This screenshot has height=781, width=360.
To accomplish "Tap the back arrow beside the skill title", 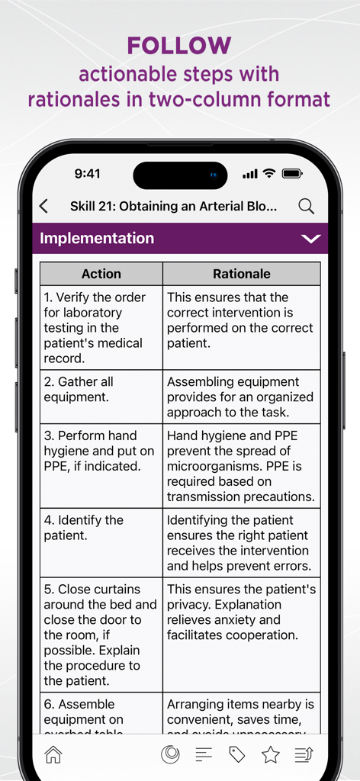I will point(43,206).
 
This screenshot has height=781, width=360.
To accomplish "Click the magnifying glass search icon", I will point(306,206).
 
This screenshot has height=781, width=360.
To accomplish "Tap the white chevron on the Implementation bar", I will point(310,239).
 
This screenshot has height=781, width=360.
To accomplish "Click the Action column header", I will point(101,274).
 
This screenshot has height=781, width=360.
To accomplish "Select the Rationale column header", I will point(241,274).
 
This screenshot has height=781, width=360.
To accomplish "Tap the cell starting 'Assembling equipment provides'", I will point(241,397).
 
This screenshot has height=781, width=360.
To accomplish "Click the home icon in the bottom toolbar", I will point(53,754).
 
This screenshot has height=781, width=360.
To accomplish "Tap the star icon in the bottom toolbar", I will point(271,754).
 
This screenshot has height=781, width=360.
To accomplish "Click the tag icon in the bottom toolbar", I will point(237,754).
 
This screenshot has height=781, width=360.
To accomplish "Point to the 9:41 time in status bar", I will point(87,174).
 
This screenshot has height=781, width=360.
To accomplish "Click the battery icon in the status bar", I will point(293,174).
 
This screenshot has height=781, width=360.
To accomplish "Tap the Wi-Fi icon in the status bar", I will point(269,174).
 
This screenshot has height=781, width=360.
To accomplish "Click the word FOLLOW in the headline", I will point(179,46).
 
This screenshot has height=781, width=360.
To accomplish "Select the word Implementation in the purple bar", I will point(97,239).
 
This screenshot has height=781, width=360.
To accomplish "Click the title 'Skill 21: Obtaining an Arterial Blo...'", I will point(173,206).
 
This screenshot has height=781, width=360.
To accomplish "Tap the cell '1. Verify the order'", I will point(101,328).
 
